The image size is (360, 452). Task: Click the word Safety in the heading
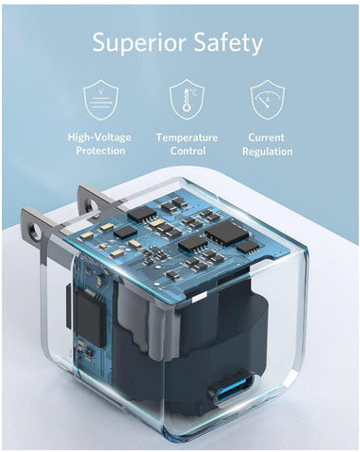pos(228,42)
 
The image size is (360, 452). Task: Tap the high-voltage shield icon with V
pos(101,100)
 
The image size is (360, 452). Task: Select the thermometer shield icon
pos(187,99)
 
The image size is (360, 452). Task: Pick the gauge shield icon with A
pos(268,99)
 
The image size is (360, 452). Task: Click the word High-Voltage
pos(100,137)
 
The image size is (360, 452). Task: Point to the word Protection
pos(101,151)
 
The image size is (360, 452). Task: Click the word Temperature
pos(187,137)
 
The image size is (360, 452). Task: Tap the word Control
pos(188,151)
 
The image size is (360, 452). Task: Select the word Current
pos(267,137)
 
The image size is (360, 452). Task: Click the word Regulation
pos(268,152)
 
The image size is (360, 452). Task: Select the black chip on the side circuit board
pos(90,317)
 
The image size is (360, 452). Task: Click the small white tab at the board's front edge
pos(200,298)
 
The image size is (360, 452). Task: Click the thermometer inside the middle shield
pos(187,100)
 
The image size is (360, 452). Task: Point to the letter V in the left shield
pos(101,92)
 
